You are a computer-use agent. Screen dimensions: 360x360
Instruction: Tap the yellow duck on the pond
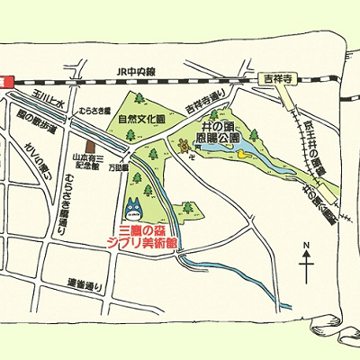coord(241,155)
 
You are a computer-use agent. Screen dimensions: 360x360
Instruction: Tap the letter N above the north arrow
coord(307,244)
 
